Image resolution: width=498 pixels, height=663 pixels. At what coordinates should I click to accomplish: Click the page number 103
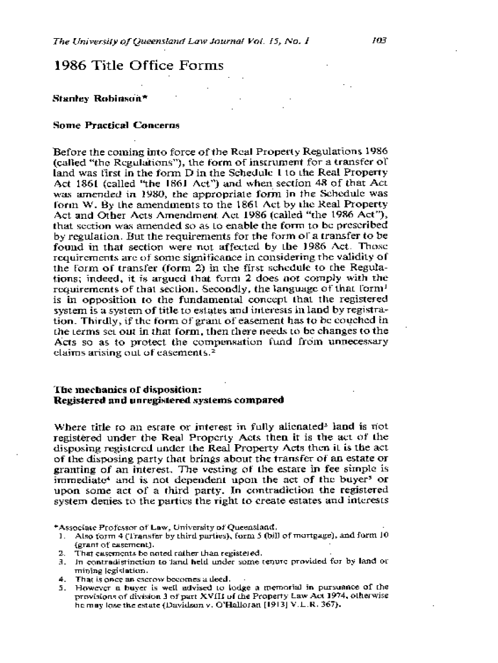click(379, 40)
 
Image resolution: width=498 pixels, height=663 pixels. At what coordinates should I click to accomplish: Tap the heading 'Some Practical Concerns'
click(116, 124)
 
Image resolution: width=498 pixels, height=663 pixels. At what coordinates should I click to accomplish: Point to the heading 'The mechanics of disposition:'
click(127, 390)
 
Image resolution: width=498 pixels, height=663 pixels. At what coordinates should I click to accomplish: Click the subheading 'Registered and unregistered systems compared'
click(169, 400)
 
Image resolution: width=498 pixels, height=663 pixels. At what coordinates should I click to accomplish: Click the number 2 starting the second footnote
click(60, 553)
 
